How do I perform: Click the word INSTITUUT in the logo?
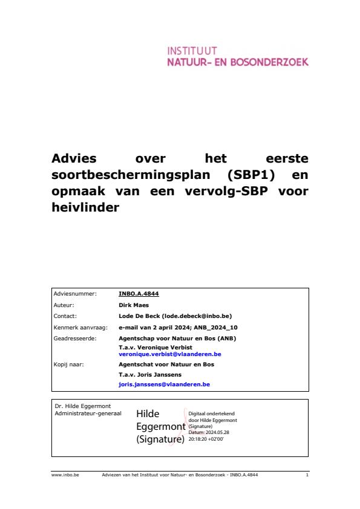tap(192, 51)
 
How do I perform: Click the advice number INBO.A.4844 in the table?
tap(139, 294)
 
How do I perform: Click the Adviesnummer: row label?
tap(75, 294)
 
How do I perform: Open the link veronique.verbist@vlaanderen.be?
tap(170, 354)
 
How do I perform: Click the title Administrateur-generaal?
tap(88, 413)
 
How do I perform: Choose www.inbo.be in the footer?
tap(62, 476)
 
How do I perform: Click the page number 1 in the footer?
tap(307, 476)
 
